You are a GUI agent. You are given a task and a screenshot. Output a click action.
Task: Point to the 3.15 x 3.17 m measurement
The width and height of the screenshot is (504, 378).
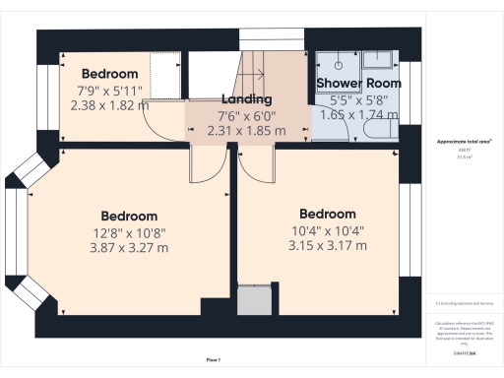327,245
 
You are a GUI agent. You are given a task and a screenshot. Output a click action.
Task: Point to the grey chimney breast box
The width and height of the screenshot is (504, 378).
254,298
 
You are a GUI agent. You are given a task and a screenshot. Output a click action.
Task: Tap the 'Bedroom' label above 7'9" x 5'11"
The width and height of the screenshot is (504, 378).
108,74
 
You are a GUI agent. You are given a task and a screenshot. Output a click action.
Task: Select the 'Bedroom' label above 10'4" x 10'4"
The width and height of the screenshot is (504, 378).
327,215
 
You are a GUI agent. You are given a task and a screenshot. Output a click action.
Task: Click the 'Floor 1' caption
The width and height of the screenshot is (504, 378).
214,360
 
